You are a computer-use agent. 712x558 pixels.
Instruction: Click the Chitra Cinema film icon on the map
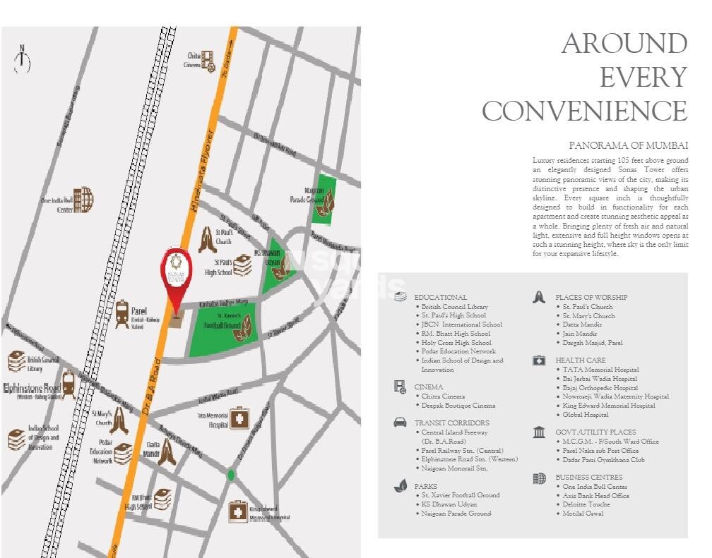(x=208, y=60)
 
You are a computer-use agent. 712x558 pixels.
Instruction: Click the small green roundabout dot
(x=230, y=475)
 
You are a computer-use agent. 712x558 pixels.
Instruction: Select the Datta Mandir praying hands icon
(x=167, y=451)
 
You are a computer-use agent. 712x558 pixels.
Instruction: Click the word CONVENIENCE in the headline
(x=583, y=111)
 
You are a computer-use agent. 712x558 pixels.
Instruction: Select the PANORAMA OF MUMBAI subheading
(x=628, y=145)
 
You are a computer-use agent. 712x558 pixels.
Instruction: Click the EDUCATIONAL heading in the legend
(x=440, y=298)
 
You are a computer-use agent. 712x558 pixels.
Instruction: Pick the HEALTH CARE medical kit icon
(x=539, y=360)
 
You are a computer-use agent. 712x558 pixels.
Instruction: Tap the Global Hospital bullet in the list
(x=586, y=415)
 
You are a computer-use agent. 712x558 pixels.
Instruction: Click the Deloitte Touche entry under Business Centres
(x=586, y=505)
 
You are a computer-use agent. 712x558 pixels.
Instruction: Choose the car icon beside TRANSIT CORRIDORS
(x=400, y=423)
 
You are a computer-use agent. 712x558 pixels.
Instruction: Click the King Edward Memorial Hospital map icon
(x=237, y=512)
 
